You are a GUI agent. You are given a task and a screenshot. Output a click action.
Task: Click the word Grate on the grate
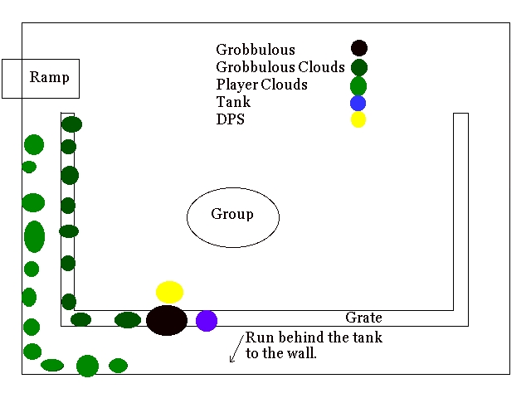point(363,318)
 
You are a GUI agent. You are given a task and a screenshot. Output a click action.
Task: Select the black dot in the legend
point(358,49)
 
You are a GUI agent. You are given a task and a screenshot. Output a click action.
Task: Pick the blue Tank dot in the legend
point(358,104)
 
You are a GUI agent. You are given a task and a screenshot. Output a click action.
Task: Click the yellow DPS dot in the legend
point(358,120)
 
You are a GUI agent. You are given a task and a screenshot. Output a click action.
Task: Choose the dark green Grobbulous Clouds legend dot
point(358,67)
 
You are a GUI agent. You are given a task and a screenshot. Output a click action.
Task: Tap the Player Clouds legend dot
point(358,85)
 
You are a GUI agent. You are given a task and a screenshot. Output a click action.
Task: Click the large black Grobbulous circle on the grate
point(167,320)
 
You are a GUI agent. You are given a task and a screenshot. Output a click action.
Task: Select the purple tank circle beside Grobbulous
point(207,321)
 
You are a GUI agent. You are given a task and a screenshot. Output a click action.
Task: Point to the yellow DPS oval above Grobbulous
point(169,292)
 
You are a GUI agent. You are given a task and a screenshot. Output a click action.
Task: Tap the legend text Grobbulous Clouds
point(280,67)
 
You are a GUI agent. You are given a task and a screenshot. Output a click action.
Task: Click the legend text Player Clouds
point(261,85)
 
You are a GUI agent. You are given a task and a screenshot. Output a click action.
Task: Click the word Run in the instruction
point(258,338)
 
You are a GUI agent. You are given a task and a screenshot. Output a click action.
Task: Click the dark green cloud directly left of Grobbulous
point(128,320)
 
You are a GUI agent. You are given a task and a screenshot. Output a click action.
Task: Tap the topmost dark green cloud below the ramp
point(71,124)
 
